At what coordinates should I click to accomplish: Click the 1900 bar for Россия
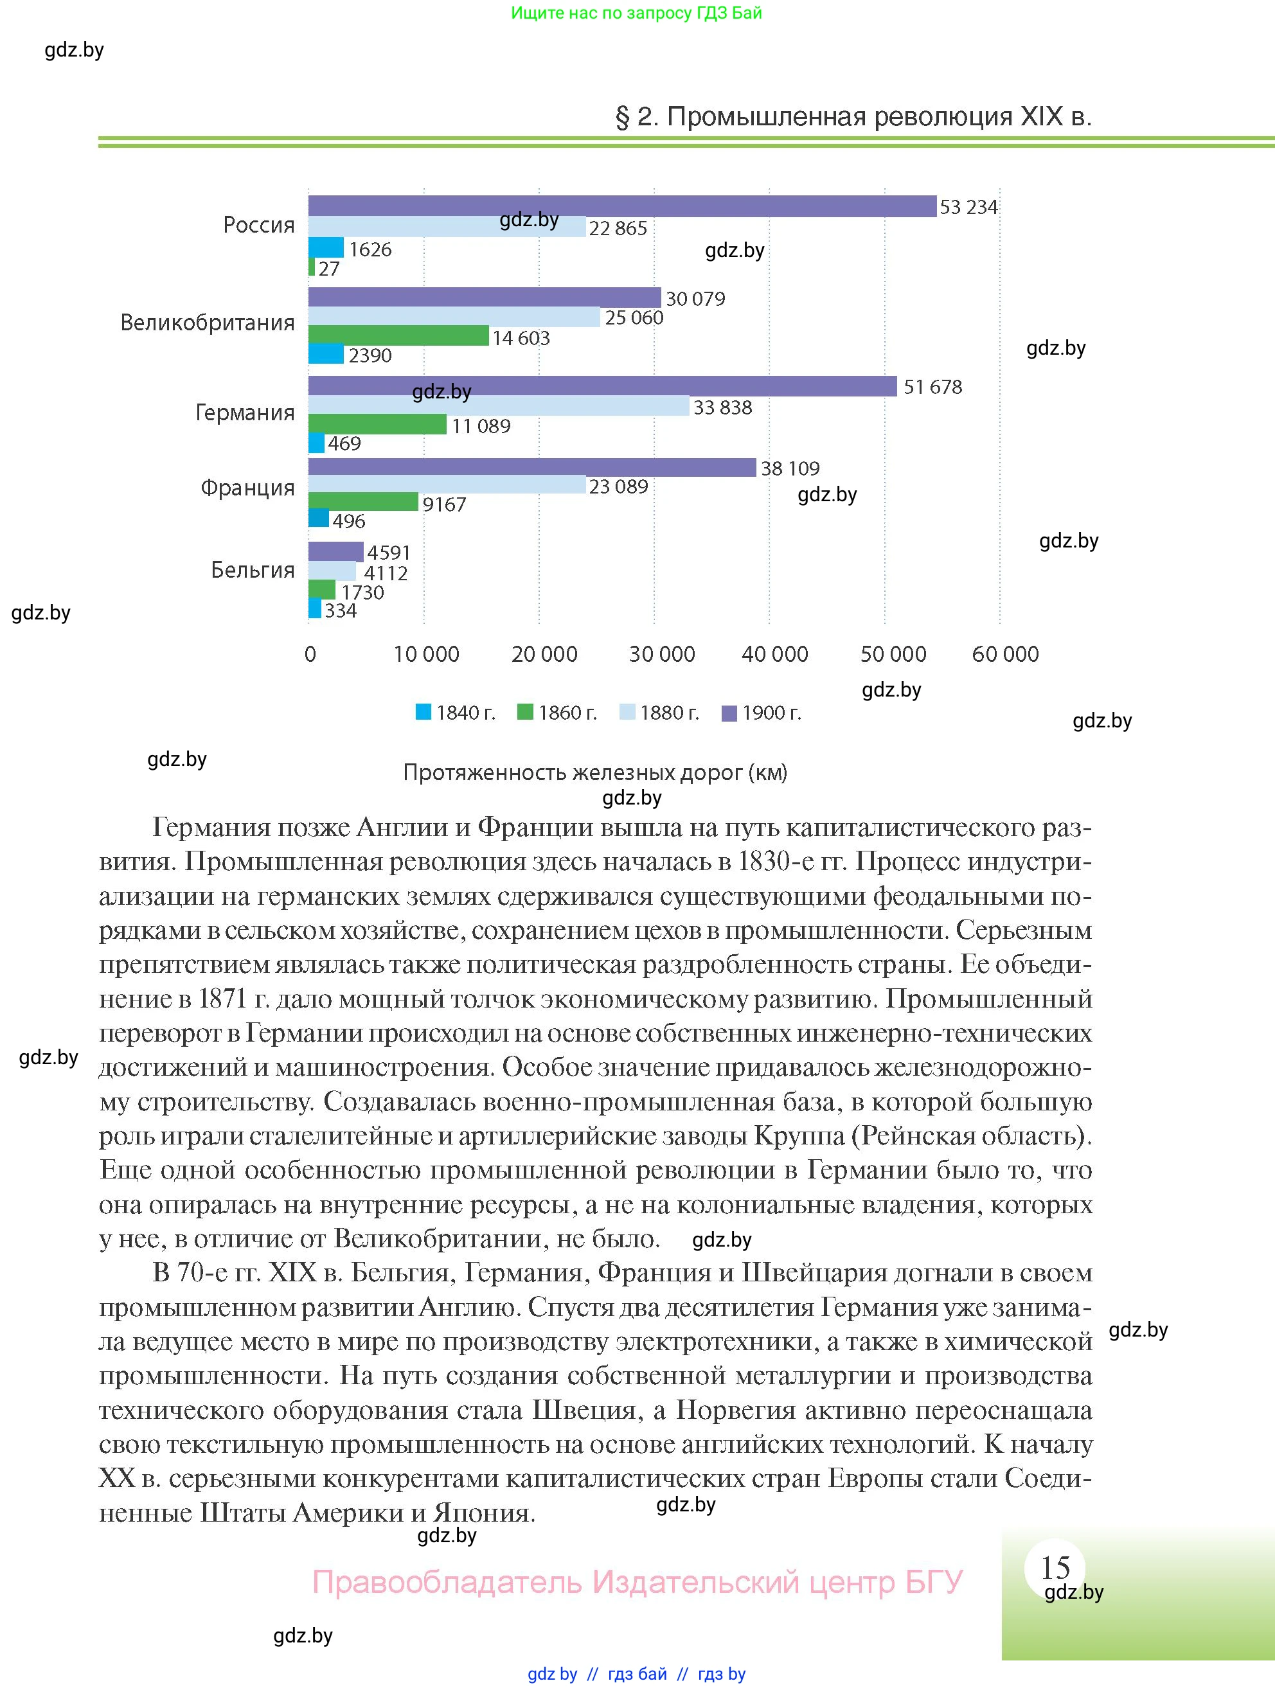622,206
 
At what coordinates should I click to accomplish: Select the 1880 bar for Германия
498,407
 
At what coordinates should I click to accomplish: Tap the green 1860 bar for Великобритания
398,335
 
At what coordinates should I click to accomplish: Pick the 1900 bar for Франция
531,468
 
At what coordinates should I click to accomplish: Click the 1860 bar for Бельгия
321,590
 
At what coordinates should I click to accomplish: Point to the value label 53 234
968,207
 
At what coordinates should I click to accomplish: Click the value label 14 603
521,338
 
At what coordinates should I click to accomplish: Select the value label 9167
444,504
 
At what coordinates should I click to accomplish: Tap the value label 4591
389,553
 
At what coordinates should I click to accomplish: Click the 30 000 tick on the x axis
661,654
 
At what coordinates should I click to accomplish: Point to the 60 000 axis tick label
1004,654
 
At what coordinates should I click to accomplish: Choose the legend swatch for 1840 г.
424,712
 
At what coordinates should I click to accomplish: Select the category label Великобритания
207,323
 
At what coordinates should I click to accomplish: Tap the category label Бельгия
252,570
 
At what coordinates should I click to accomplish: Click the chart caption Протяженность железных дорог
594,772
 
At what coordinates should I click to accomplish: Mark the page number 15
1055,1568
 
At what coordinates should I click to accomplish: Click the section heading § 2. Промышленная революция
853,116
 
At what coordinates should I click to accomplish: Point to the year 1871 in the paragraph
222,999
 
